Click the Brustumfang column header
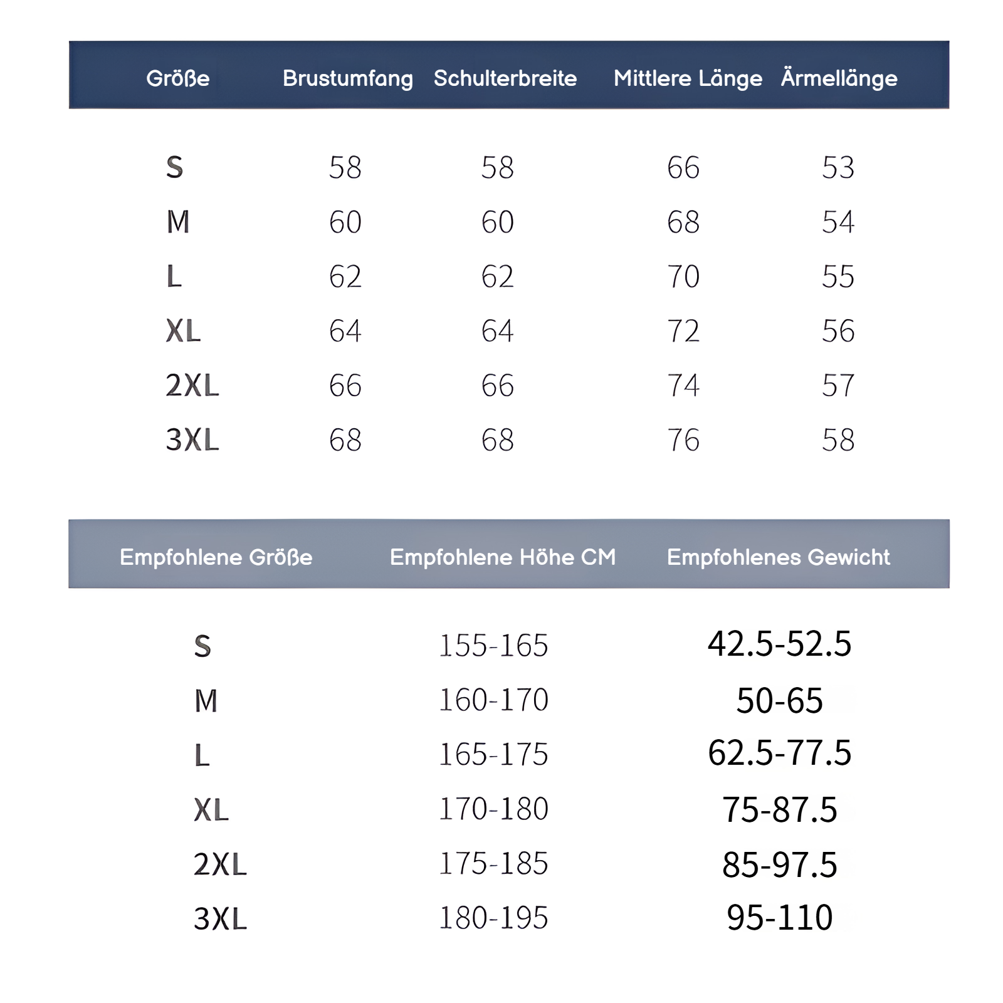coord(347,78)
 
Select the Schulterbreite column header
coord(505,78)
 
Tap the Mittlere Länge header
coord(688,78)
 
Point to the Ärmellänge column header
coord(839,78)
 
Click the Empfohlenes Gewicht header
coord(778,557)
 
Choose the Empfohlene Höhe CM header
coord(503,557)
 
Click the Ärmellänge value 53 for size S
coord(838,167)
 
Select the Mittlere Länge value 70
coord(683,276)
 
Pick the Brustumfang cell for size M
coord(345,222)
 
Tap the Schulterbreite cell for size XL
coord(498,331)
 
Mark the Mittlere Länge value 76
coord(683,440)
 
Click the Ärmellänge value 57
coord(838,386)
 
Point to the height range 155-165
coord(493,646)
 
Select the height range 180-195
coord(493,918)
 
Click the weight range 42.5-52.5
coord(779,644)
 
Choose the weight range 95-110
coord(779,918)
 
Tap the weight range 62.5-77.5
coord(779,753)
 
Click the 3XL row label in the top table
coord(192,440)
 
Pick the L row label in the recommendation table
coord(202,755)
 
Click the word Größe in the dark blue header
coord(178,78)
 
